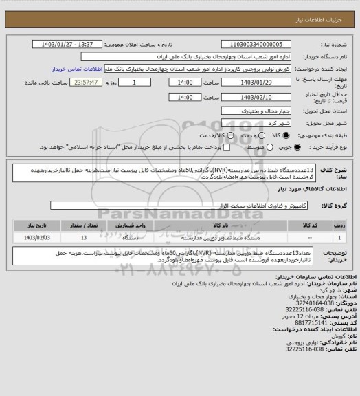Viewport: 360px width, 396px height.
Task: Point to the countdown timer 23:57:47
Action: click(x=69, y=82)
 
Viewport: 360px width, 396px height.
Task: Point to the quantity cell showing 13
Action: click(x=84, y=237)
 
